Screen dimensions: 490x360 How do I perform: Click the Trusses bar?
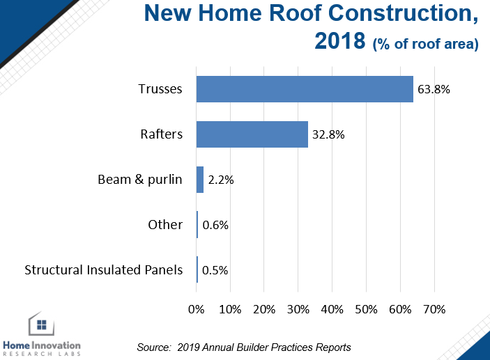(x=305, y=89)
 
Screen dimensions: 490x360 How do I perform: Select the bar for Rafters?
(x=252, y=134)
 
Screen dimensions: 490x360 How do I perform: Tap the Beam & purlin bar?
(x=200, y=180)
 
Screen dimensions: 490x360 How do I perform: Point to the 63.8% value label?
(x=434, y=89)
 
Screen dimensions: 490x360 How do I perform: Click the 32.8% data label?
(x=328, y=134)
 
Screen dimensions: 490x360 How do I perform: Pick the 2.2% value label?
(x=221, y=180)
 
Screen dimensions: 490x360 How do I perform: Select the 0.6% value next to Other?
(x=215, y=225)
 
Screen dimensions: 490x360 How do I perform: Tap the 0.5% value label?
(x=215, y=270)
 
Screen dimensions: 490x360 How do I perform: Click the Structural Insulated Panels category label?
(x=103, y=270)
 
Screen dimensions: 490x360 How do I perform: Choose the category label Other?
(x=165, y=225)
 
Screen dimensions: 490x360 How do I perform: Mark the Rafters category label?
(x=161, y=134)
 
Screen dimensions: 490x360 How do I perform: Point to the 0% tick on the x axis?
(x=197, y=309)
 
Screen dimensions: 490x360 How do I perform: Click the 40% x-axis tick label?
(x=332, y=309)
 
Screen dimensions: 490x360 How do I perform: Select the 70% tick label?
(x=434, y=309)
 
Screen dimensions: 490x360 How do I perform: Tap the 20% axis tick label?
(x=264, y=309)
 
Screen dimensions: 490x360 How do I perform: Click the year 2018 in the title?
(x=340, y=40)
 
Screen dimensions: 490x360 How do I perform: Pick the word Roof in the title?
(x=296, y=13)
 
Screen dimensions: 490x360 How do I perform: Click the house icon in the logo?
(x=41, y=324)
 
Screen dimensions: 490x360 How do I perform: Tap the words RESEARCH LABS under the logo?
(x=42, y=354)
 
